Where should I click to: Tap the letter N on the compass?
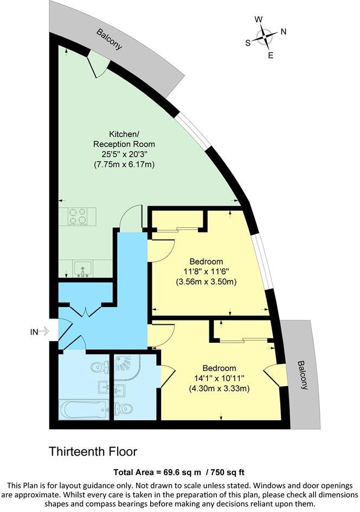[x=283, y=31]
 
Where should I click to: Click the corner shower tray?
[x=128, y=368]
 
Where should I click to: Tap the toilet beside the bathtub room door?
[x=98, y=367]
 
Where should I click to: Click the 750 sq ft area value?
[x=227, y=471]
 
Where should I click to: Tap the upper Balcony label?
[x=109, y=39]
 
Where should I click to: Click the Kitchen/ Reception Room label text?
[x=124, y=139]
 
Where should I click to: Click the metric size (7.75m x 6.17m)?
[x=124, y=164]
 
